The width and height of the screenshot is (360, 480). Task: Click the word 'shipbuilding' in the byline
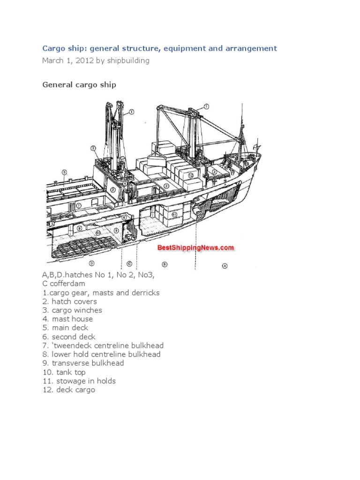pos(129,60)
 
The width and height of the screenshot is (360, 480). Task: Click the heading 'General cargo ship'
pos(79,85)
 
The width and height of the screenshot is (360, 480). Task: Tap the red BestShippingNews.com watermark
pos(195,247)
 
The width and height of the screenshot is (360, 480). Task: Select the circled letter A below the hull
pos(225,265)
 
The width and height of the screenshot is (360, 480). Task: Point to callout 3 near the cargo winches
pos(94,148)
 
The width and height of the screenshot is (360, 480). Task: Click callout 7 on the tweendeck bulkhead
pos(79,205)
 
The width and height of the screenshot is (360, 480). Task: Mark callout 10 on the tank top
pos(98,232)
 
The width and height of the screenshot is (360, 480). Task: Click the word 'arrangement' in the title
pos(253,48)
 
